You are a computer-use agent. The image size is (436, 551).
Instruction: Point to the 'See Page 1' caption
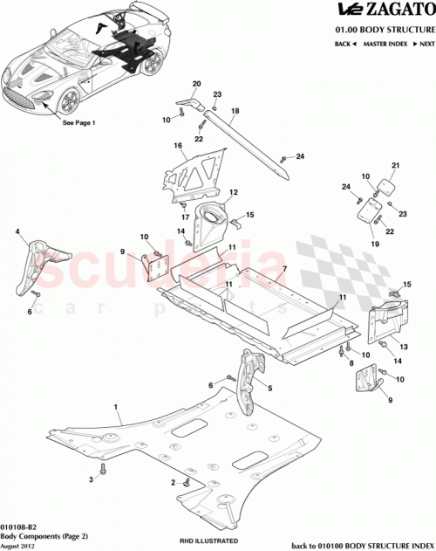pos(78,123)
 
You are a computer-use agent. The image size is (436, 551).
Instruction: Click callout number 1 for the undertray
pos(116,408)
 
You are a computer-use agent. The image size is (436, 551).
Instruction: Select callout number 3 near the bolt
pos(90,480)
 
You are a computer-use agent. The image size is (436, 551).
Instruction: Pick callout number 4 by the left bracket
pos(17,231)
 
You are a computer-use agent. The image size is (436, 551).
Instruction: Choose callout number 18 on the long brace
pos(235,112)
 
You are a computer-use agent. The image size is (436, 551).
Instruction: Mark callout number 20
pos(196,84)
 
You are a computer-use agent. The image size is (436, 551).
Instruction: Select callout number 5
pos(270,388)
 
